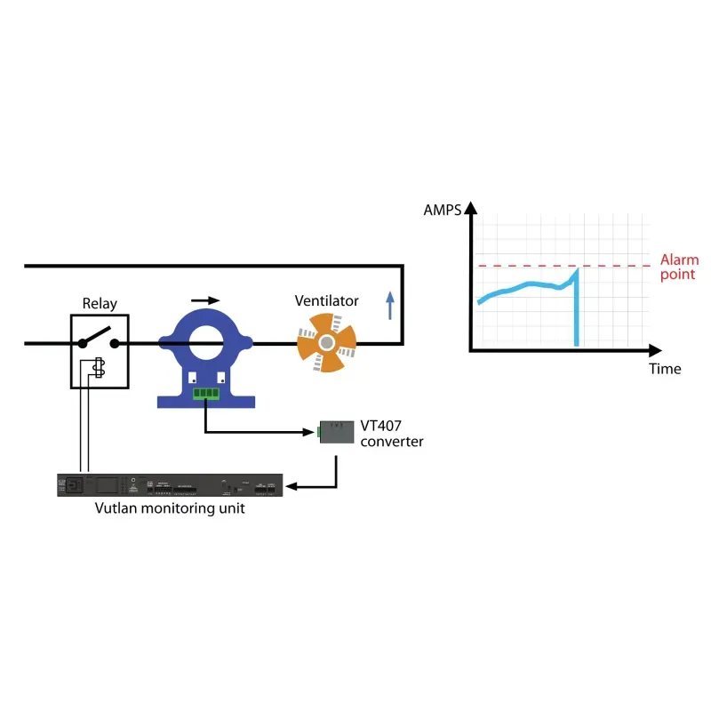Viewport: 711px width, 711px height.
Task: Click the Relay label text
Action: (99, 303)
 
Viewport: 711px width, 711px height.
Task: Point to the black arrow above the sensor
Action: (205, 301)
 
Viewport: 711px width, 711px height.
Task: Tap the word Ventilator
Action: (326, 301)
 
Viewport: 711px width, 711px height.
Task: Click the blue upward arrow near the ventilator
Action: (388, 307)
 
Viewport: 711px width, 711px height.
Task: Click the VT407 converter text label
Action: (391, 433)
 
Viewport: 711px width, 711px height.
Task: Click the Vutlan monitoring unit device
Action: (170, 486)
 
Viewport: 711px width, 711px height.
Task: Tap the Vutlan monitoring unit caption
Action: (170, 509)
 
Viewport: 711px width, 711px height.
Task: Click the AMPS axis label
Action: (443, 211)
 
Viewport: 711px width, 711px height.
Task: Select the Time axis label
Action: (664, 369)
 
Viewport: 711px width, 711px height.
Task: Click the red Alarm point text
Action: (679, 268)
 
